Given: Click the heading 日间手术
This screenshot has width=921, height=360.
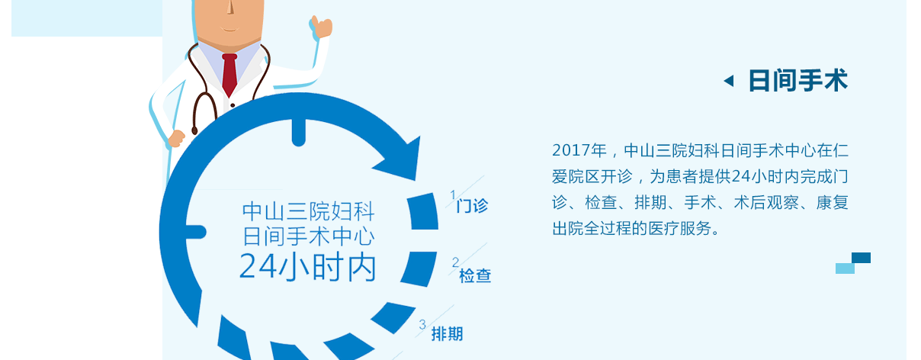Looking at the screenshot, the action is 798,81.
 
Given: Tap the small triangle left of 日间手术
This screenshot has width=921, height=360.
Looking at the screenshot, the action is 729,81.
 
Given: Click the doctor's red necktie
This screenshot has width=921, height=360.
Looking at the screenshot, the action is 229,74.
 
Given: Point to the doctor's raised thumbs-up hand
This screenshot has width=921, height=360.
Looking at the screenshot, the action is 321,27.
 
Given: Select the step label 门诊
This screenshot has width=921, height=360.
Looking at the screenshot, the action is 472,206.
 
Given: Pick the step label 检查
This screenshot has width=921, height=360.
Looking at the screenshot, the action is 475,275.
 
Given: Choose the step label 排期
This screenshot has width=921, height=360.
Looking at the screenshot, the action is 447,334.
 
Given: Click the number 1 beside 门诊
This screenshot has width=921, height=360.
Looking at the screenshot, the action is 453,194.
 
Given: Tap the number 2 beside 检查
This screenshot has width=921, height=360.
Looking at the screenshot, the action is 456,262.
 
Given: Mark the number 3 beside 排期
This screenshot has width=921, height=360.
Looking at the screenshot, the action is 422,325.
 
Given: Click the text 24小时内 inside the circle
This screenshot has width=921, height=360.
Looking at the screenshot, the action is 307,268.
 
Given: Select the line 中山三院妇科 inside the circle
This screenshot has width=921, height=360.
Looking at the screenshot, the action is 308,211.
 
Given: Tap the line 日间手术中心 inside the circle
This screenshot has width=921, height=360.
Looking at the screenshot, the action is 308,236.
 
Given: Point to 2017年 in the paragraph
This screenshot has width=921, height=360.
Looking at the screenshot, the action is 579,150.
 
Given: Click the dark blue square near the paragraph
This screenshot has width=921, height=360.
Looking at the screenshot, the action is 861,258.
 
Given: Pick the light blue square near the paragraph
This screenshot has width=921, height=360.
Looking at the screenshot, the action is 845,268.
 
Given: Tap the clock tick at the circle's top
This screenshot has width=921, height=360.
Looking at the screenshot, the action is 299,133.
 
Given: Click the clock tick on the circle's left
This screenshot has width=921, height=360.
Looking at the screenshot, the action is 196,232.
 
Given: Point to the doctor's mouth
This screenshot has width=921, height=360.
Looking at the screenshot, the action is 229,29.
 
